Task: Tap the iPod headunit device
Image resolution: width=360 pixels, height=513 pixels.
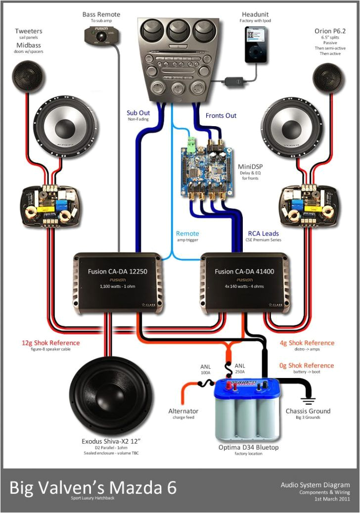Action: (x=256, y=45)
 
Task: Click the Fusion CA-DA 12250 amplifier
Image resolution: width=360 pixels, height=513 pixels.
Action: (x=118, y=282)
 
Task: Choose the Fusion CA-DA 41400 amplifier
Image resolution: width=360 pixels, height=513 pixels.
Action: (x=244, y=282)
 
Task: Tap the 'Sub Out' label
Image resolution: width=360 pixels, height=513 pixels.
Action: (x=138, y=113)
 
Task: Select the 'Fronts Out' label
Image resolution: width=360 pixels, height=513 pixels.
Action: (x=221, y=115)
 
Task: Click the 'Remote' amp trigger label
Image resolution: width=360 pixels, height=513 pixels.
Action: (x=187, y=233)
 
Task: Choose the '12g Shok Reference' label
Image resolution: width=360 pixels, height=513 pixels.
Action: (x=50, y=343)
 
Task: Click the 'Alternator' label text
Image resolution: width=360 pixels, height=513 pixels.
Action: (x=183, y=411)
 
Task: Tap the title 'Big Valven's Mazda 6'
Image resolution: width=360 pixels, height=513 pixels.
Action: (x=92, y=487)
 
